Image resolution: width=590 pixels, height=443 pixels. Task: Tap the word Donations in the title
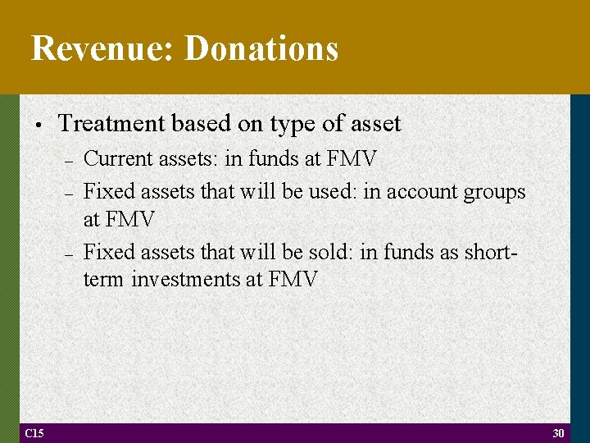click(x=261, y=48)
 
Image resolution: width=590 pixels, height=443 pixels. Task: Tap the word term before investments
click(x=104, y=280)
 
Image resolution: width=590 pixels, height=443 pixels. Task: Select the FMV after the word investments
click(x=292, y=280)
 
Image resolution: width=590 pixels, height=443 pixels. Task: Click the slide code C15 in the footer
click(x=34, y=433)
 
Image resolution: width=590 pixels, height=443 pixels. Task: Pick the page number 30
click(x=559, y=433)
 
